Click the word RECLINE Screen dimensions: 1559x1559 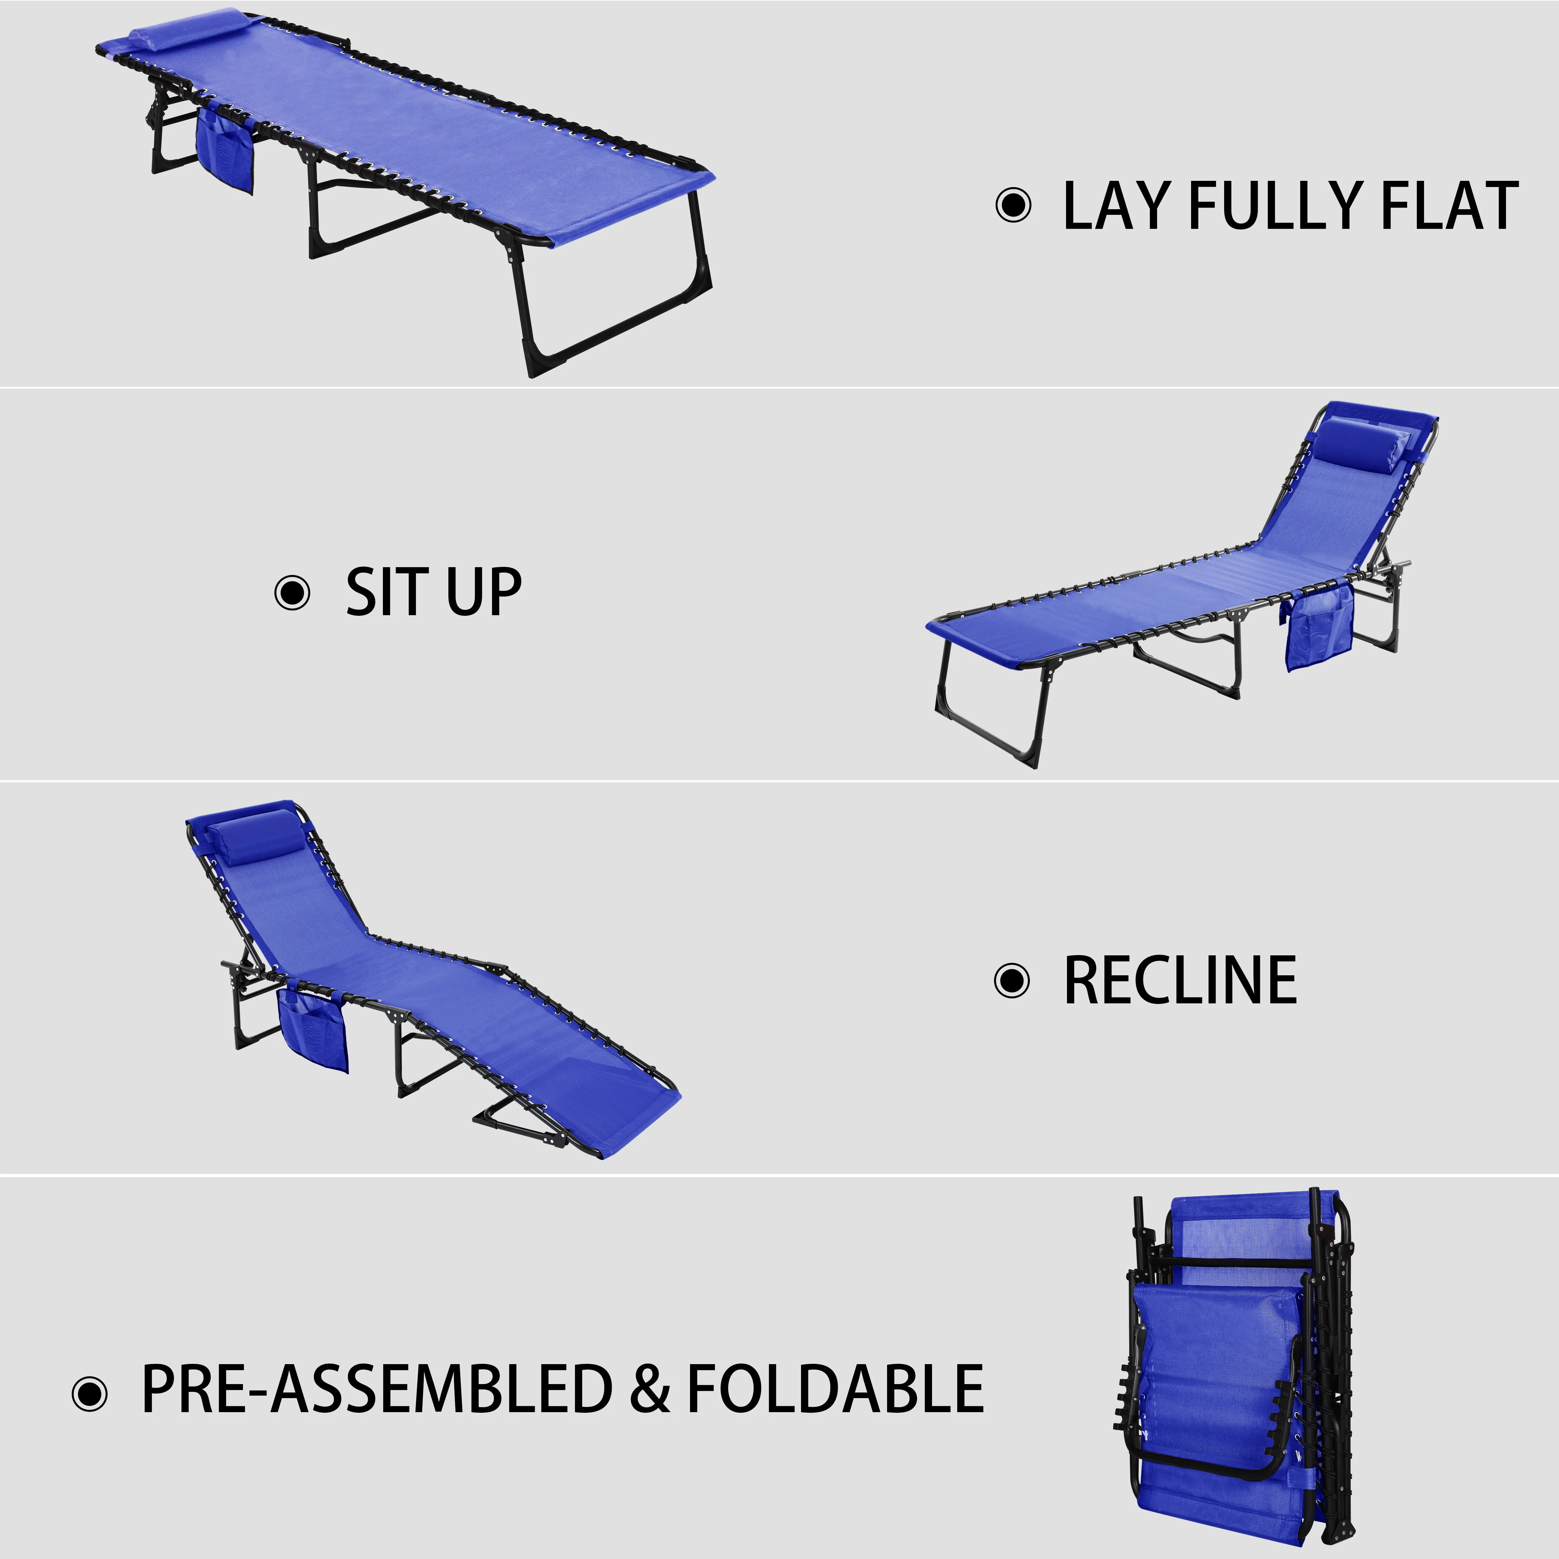click(x=1180, y=980)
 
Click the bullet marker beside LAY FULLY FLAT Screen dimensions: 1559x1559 click(x=1014, y=205)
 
